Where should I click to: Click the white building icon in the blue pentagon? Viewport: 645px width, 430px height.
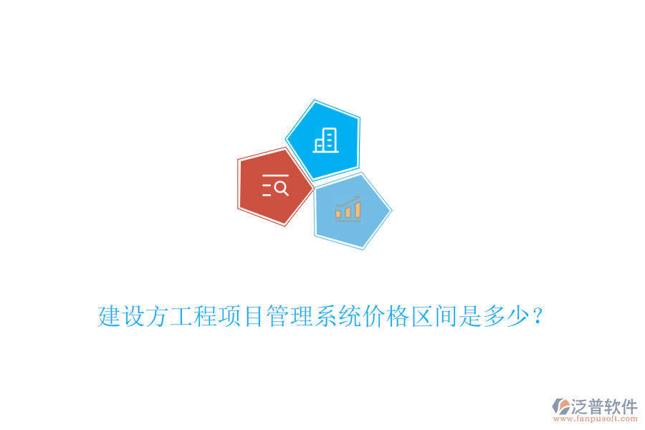pyautogui.click(x=325, y=140)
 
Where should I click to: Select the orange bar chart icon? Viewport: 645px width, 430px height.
pyautogui.click(x=348, y=210)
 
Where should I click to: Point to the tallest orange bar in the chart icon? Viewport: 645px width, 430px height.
pyautogui.click(x=357, y=209)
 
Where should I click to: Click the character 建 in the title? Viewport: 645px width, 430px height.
pyautogui.click(x=110, y=316)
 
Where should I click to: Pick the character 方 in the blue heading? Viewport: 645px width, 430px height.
pyautogui.click(x=157, y=316)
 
